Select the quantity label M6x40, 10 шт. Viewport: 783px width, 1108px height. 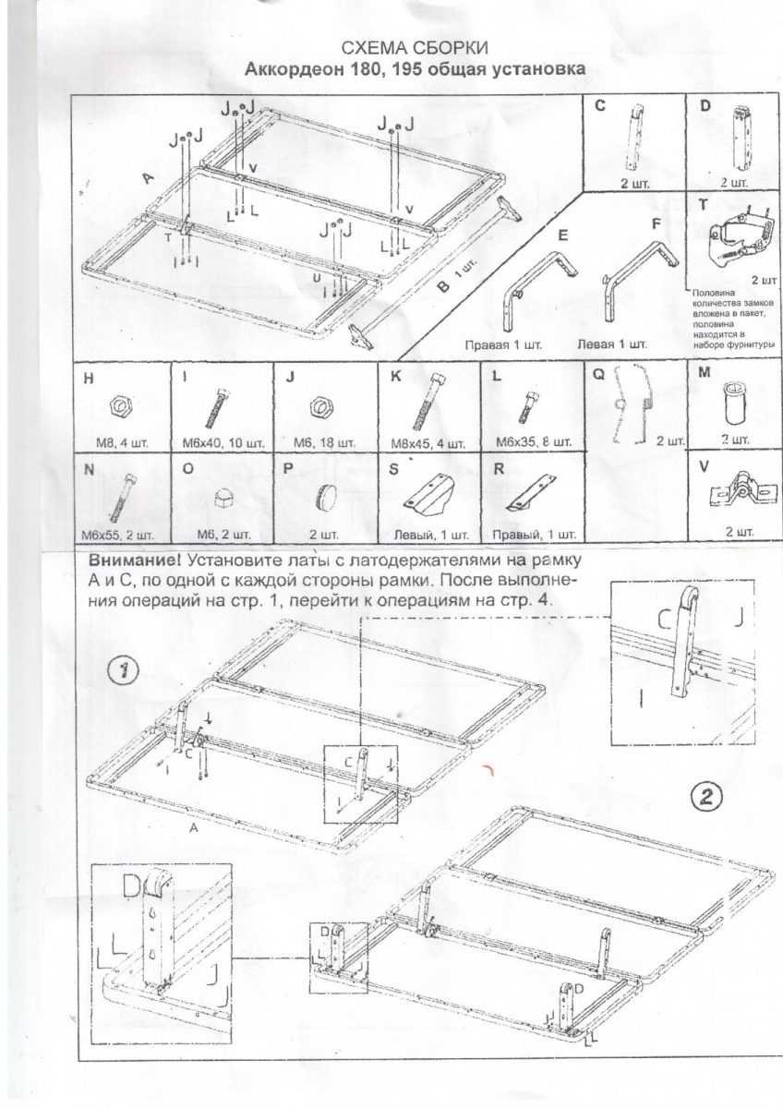tap(223, 443)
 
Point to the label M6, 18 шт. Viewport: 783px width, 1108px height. tap(324, 443)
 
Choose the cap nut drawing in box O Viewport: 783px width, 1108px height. tap(224, 498)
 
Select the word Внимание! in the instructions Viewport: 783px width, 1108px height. tap(133, 560)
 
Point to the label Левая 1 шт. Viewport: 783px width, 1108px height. tap(612, 343)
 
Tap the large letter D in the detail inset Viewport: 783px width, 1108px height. tap(133, 885)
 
